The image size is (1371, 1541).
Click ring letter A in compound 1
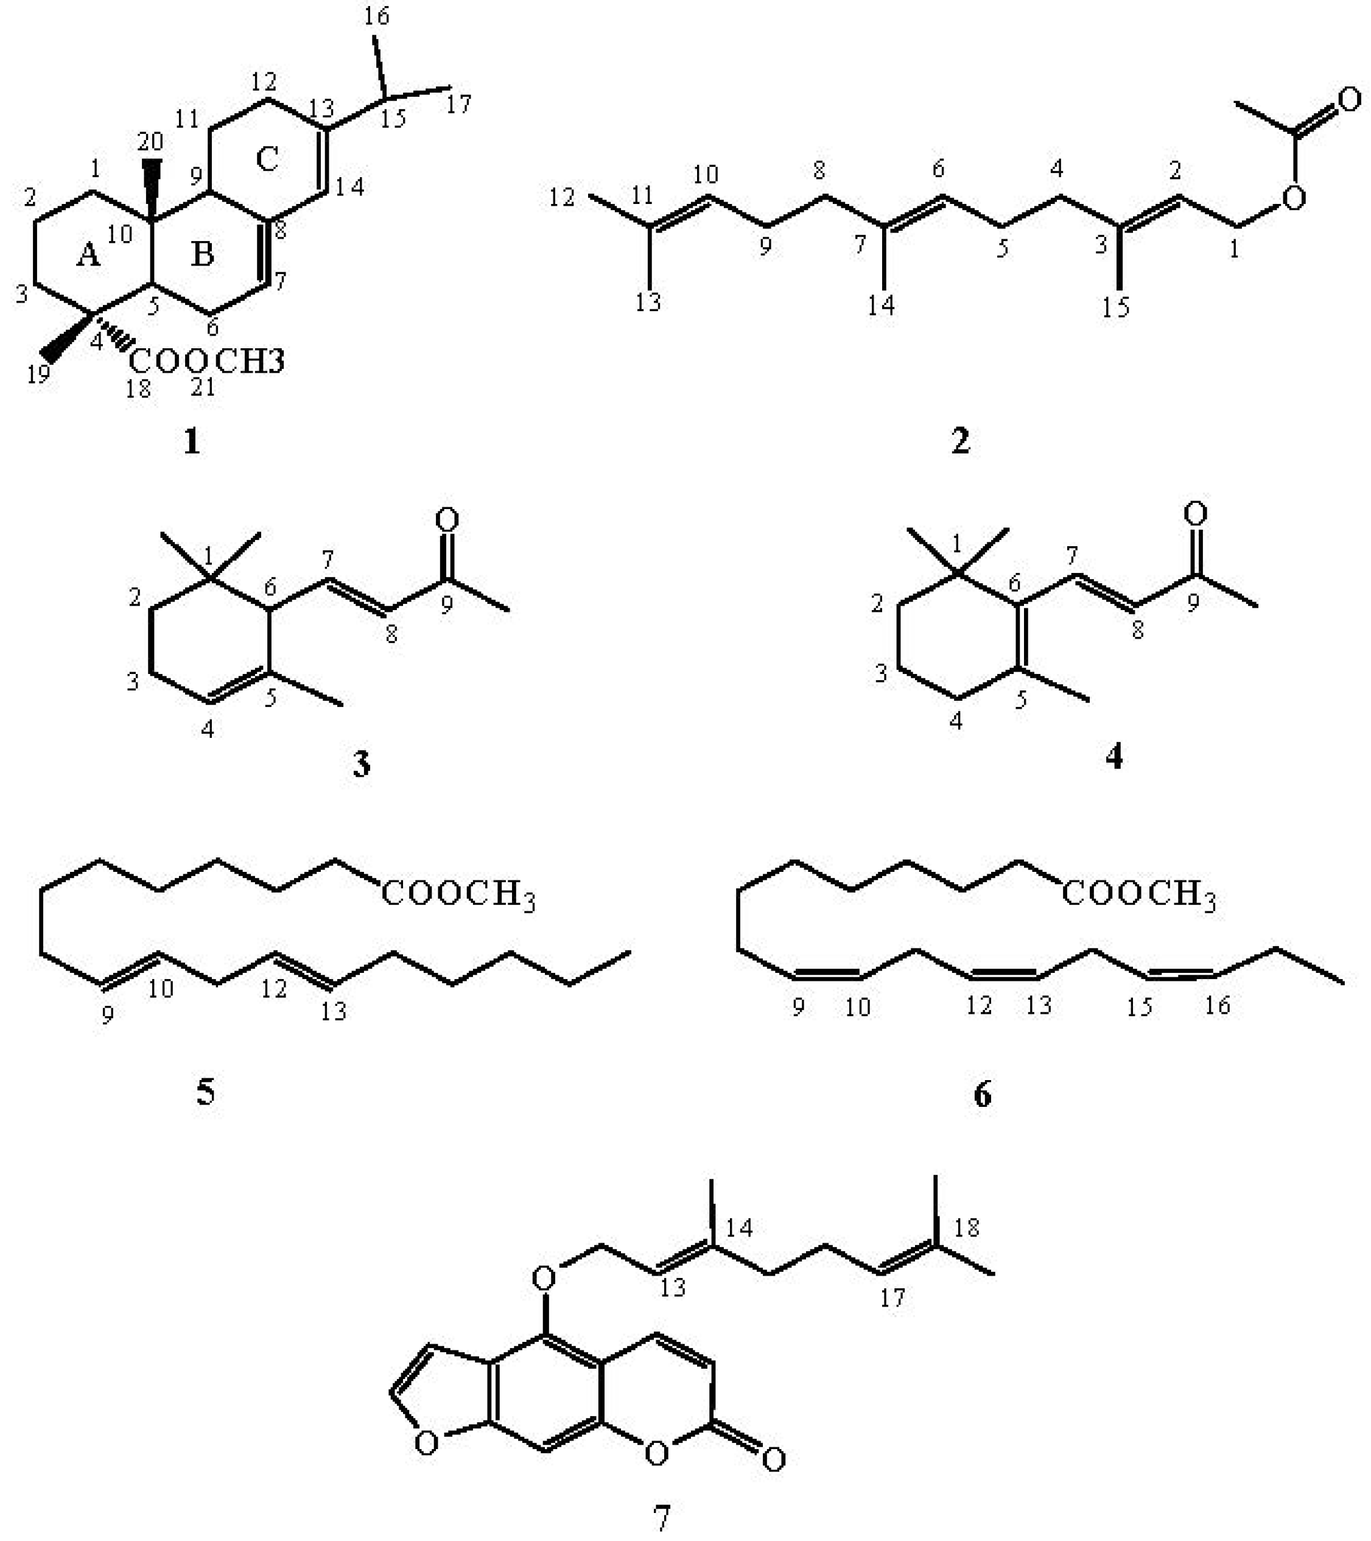(88, 256)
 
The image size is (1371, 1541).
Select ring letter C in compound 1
(268, 159)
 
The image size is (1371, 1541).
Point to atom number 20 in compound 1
(150, 141)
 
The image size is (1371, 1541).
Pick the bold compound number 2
(959, 441)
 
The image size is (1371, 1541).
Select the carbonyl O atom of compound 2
(1350, 99)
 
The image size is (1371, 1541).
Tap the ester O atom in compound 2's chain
(1293, 198)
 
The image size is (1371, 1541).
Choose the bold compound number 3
(361, 765)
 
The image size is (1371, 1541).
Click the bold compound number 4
(1114, 756)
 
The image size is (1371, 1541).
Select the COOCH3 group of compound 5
(458, 895)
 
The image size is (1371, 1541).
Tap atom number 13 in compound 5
(333, 1011)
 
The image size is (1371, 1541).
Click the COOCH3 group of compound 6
(1139, 895)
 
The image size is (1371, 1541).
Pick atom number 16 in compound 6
(1217, 1005)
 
